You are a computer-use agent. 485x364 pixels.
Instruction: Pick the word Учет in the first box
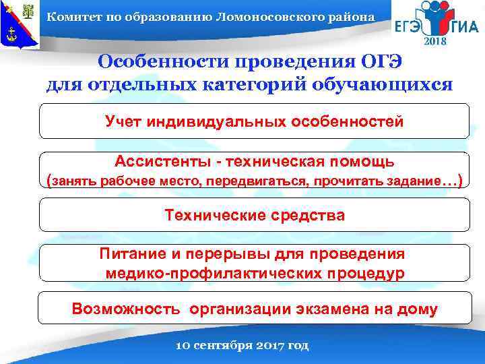(x=123, y=122)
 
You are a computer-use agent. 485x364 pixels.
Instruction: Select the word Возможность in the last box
(x=126, y=309)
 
